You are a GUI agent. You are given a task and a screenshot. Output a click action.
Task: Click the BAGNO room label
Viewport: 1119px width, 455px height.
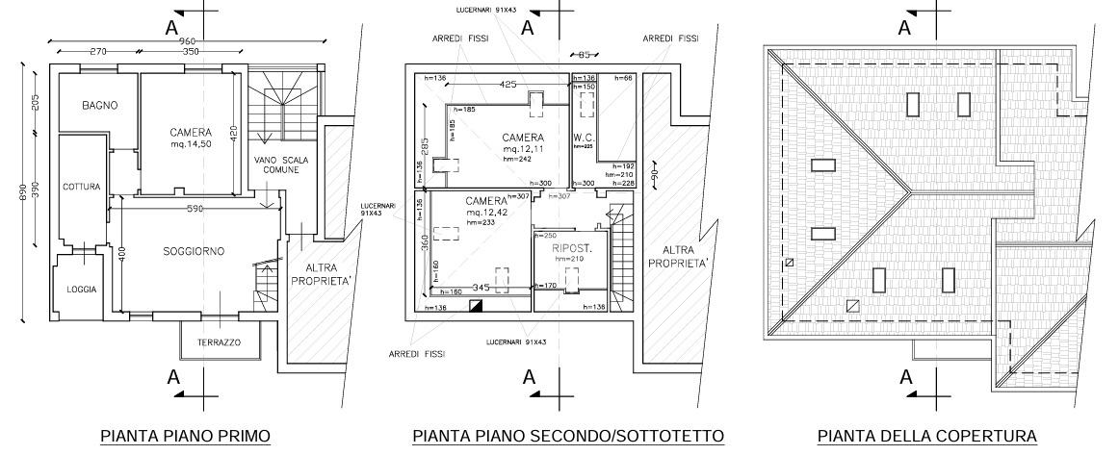point(100,105)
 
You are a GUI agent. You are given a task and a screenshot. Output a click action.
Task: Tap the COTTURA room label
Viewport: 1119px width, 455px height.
point(82,187)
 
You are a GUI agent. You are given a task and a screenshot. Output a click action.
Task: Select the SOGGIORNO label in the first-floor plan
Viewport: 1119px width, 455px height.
point(194,251)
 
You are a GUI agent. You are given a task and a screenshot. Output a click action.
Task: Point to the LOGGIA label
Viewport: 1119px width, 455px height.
point(82,289)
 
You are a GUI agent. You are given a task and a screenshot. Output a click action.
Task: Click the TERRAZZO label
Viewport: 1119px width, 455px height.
point(220,342)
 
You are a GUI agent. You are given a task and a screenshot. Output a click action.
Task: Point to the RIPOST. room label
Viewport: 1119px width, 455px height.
point(572,248)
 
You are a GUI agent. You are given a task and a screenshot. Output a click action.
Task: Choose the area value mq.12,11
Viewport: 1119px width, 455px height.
point(523,150)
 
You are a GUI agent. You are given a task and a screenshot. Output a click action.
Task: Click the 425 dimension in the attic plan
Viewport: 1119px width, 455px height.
point(508,85)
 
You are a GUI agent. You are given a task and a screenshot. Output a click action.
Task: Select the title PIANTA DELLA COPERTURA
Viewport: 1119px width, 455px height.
point(926,437)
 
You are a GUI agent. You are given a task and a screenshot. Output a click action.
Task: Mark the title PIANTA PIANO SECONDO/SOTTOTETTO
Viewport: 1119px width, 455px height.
point(568,437)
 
